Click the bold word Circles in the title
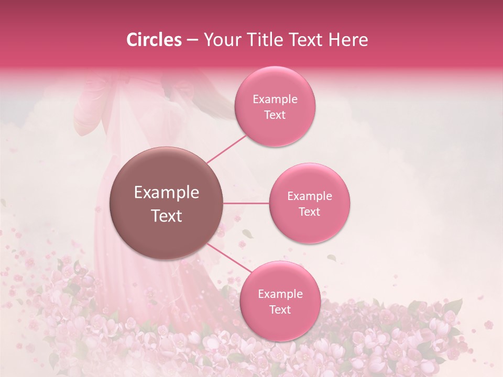pyautogui.click(x=154, y=40)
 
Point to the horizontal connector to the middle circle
pyautogui.click(x=246, y=203)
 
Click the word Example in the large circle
pyautogui.click(x=167, y=193)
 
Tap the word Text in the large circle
pyautogui.click(x=167, y=216)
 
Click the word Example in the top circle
pyautogui.click(x=275, y=99)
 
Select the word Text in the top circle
pyautogui.click(x=275, y=115)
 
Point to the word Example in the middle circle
pyautogui.click(x=310, y=196)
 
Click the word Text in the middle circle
pyautogui.click(x=310, y=212)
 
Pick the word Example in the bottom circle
pyautogui.click(x=280, y=294)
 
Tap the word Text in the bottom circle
pyautogui.click(x=280, y=310)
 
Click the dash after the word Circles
pyautogui.click(x=192, y=40)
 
